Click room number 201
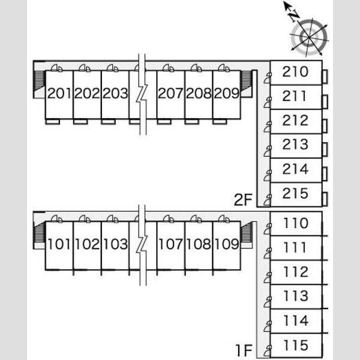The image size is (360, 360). coord(59,94)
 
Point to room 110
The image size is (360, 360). coord(296,223)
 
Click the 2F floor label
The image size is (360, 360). coord(243,200)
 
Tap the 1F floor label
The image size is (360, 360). coord(244,350)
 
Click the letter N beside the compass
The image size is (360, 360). coord(293,16)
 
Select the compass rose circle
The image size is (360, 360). coord(309,37)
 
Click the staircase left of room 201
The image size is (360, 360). coord(39,80)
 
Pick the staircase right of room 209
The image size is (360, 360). coord(246,80)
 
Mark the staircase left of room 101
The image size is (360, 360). coord(39,232)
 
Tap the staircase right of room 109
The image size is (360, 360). coord(247,232)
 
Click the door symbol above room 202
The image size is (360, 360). coord(85,68)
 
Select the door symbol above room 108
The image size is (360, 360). coord(196,219)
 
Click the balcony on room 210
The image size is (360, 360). coord(325,76)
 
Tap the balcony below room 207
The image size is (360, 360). coord(164,121)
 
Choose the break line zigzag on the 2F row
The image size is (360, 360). coord(142,94)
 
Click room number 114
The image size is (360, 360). coord(296,321)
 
